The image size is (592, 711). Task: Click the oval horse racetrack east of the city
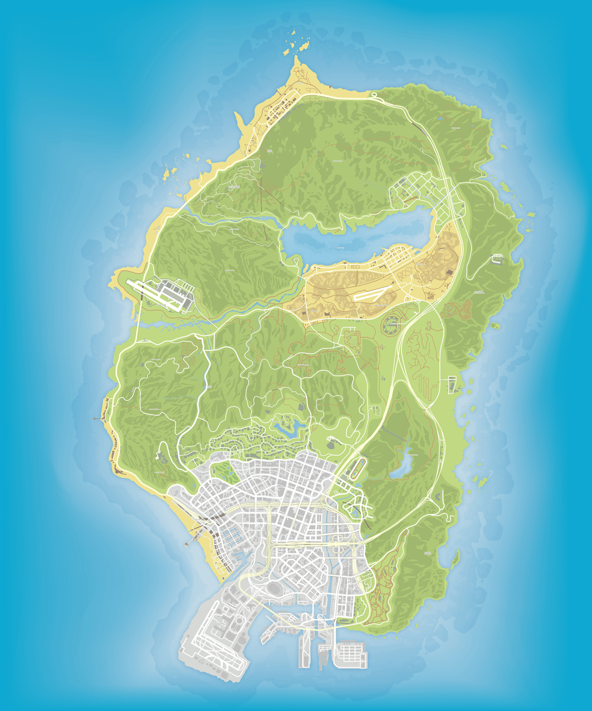[x=359, y=467]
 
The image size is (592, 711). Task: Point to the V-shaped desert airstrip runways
[x=372, y=294]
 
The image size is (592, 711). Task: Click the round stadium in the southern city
[x=273, y=589]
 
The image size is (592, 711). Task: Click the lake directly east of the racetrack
[x=404, y=463]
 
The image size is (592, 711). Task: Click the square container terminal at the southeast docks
[x=350, y=655]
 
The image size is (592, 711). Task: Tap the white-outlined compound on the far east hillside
[x=497, y=258]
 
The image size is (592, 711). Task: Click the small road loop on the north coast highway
[x=374, y=95]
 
